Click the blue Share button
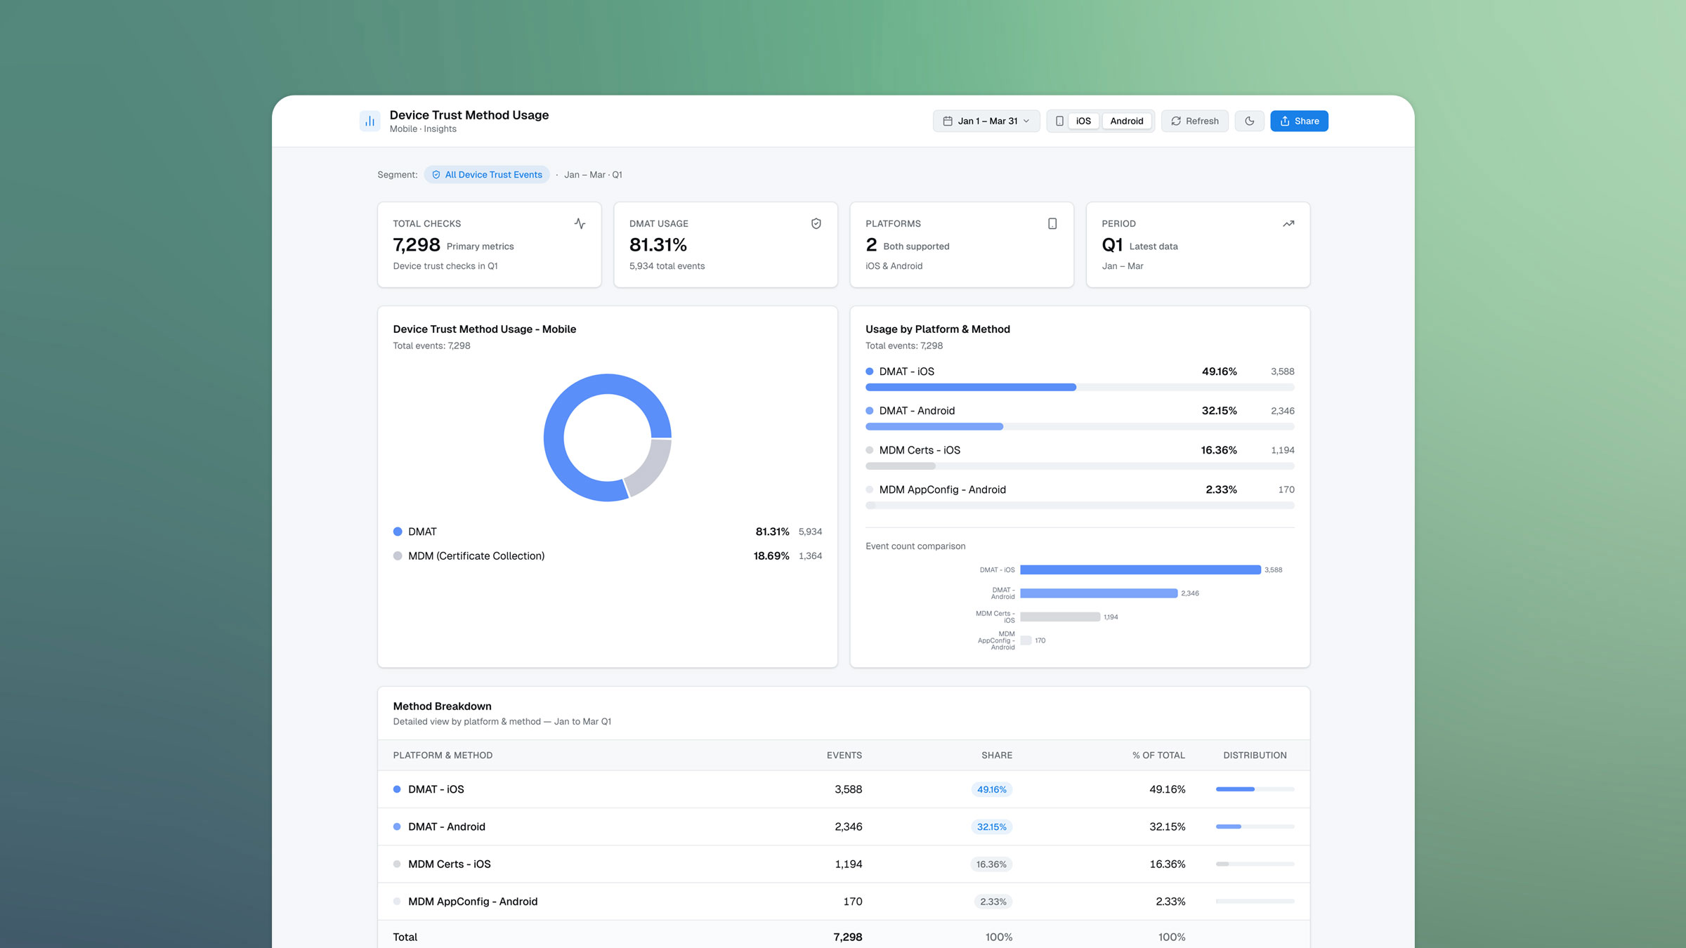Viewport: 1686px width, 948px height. click(1299, 121)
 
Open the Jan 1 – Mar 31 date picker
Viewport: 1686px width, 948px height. click(986, 121)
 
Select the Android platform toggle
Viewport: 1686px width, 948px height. click(1126, 121)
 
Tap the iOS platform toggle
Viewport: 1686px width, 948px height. click(1083, 121)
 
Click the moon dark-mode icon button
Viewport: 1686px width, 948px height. click(1249, 121)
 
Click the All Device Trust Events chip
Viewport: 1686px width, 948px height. click(487, 175)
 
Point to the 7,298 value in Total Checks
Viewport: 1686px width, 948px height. click(417, 245)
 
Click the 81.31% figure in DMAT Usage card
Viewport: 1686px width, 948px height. click(658, 245)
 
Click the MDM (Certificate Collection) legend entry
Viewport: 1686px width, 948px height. click(476, 555)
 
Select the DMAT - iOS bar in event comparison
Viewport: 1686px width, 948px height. click(1139, 570)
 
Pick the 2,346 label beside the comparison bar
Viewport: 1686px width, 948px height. click(1189, 593)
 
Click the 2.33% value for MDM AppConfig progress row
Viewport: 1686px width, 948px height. click(1221, 489)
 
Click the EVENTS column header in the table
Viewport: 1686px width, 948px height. click(844, 755)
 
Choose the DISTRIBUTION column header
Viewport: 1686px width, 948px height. click(1255, 755)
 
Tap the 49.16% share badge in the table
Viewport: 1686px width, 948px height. click(991, 789)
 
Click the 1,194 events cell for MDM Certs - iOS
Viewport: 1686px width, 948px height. click(848, 864)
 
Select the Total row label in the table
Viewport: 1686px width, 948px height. click(405, 937)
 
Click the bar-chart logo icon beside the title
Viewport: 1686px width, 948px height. click(370, 121)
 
